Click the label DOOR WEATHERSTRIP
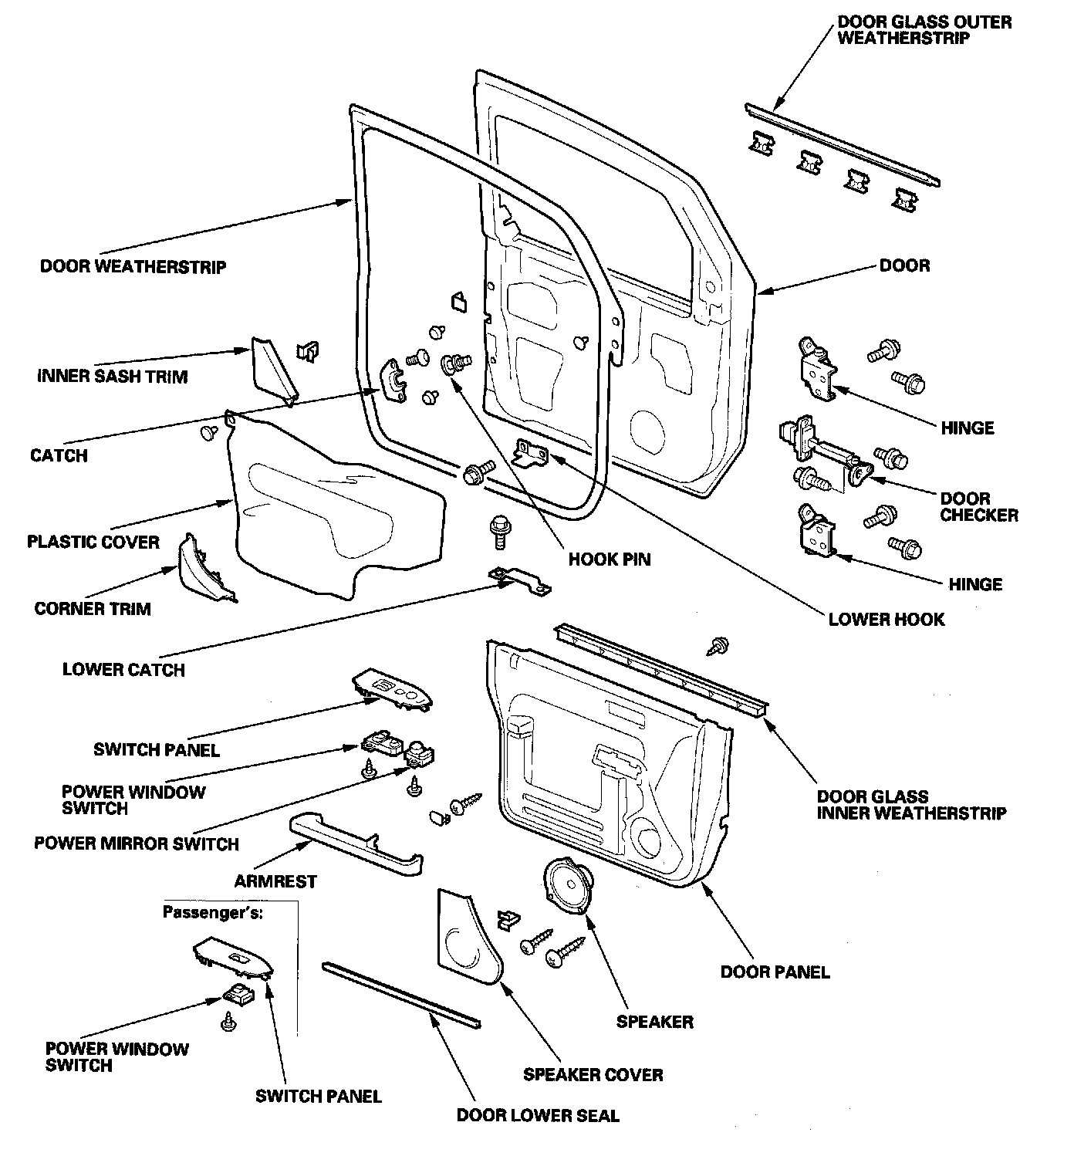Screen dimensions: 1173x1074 (133, 267)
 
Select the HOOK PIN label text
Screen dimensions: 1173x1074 (610, 559)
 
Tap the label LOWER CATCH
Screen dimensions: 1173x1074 (123, 669)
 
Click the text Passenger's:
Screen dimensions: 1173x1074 (213, 912)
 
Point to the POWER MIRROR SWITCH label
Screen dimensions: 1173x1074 (137, 843)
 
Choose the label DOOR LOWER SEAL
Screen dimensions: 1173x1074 (538, 1115)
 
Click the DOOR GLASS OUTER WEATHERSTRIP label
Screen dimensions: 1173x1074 (924, 30)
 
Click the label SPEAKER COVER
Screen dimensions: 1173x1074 (593, 1074)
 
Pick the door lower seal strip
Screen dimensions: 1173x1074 (402, 995)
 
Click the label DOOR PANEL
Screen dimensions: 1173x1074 (775, 972)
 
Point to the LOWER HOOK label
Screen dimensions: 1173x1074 (886, 619)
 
